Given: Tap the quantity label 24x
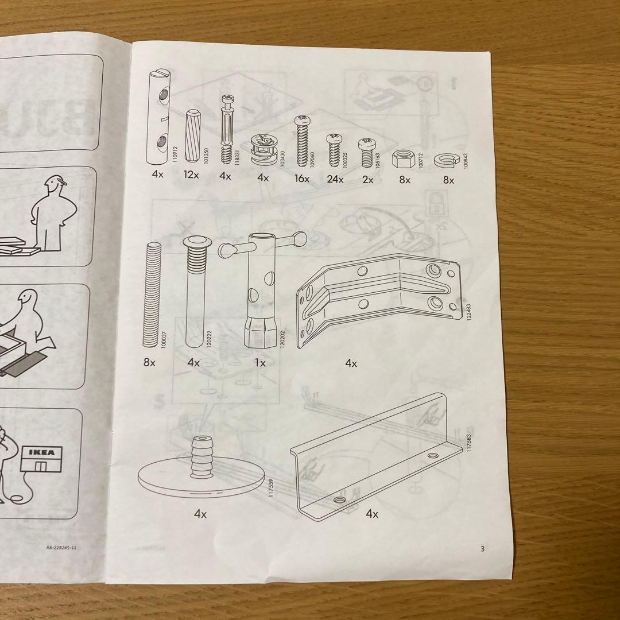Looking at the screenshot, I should pos(334,179).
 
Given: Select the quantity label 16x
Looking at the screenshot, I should pos(301,179).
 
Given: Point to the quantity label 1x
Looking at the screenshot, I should pos(260,363).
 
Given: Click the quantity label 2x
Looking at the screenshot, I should pos(367,180).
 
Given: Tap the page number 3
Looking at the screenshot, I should pos(482,549).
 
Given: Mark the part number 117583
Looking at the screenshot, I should pos(469,445).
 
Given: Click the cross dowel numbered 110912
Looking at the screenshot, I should pos(158,117).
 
